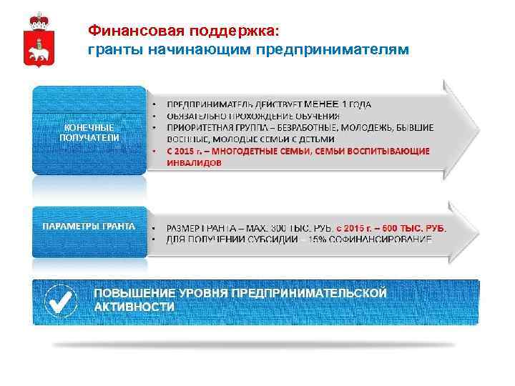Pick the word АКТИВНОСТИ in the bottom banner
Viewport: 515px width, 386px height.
[x=135, y=307]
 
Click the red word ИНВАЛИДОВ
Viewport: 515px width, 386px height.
[x=194, y=163]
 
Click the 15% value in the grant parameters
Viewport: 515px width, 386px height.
[x=331, y=239]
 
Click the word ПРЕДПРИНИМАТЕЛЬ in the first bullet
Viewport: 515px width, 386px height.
[x=208, y=104]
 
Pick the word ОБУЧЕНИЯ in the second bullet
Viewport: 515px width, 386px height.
[x=315, y=115]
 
